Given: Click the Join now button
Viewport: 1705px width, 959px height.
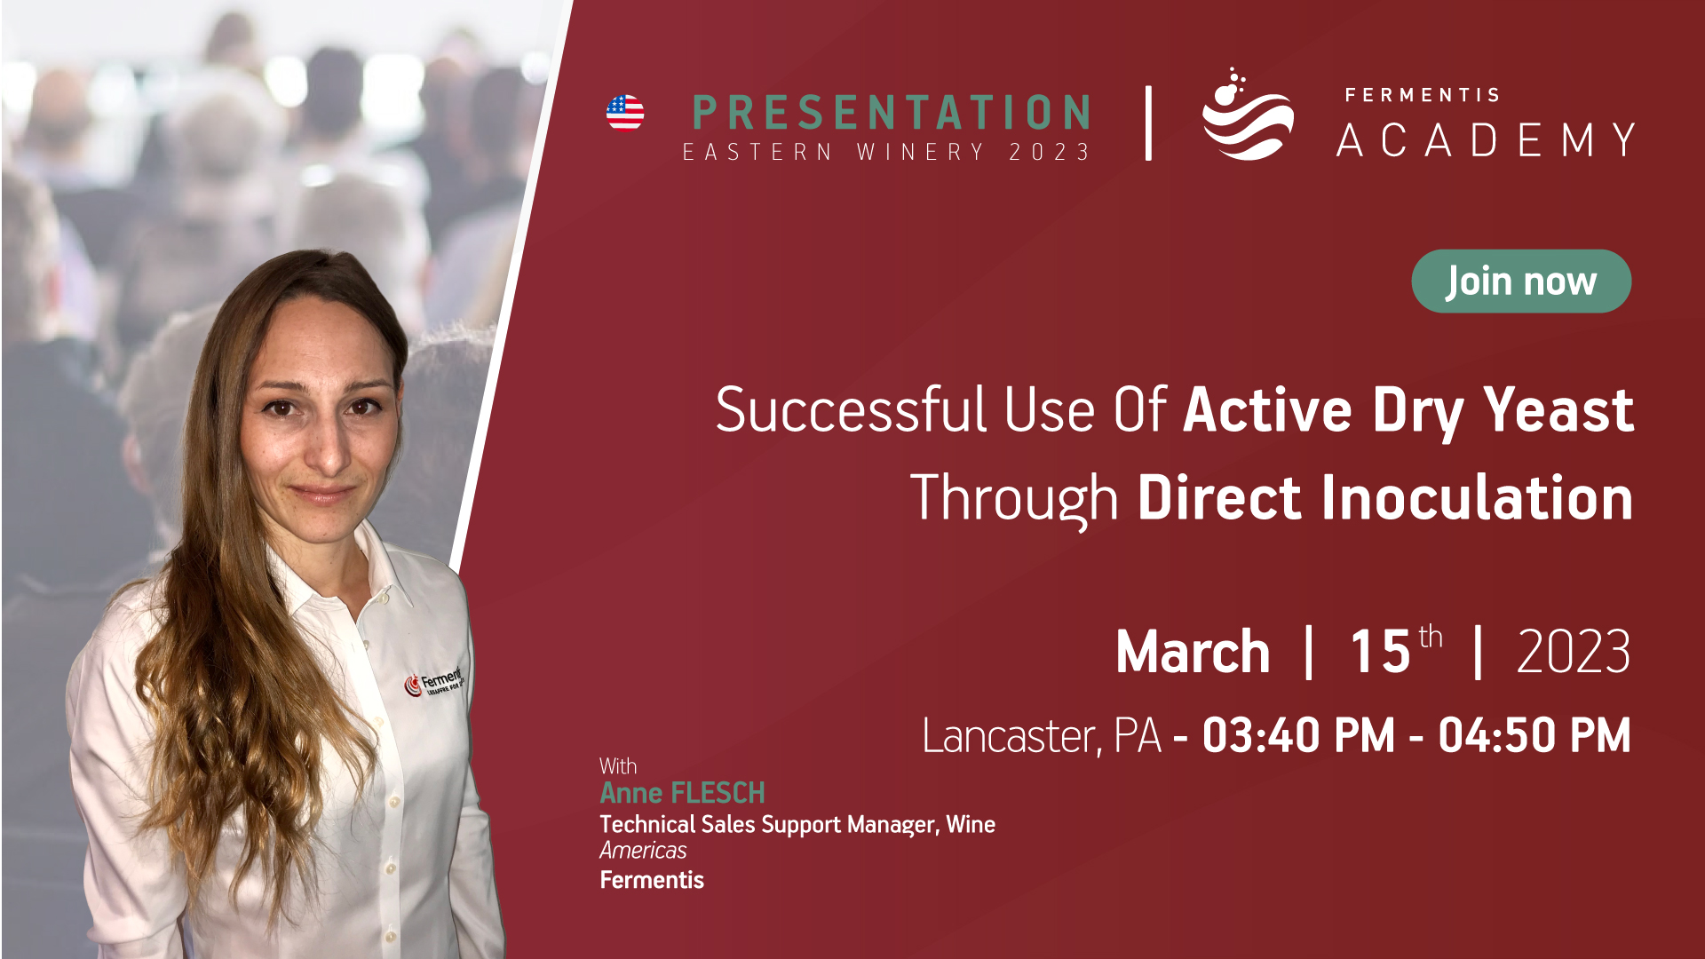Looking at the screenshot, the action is (1521, 281).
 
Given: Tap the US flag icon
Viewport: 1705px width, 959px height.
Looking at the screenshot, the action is (625, 113).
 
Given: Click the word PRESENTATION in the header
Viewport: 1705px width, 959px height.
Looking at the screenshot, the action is (891, 113).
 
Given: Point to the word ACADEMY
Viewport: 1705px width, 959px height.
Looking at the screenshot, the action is (1486, 140).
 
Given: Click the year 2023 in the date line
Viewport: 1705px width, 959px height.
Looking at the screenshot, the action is (1574, 652).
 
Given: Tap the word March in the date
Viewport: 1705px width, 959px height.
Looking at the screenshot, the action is (1193, 652).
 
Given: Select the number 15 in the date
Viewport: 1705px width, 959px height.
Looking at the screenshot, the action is (1381, 652).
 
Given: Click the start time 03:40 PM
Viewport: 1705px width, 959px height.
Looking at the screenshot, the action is (1298, 736).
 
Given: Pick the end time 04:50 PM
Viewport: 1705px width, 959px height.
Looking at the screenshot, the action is (1534, 736).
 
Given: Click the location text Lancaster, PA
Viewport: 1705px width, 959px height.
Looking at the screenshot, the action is (1042, 736).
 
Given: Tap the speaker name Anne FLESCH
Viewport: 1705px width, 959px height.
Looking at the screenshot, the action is (682, 793).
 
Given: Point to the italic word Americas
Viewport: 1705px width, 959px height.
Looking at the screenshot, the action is (643, 851).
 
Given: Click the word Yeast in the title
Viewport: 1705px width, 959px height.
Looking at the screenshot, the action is (1558, 410).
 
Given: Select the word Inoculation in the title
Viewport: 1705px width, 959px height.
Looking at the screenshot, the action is (1475, 497).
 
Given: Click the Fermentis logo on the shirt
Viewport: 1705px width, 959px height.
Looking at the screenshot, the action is (434, 681).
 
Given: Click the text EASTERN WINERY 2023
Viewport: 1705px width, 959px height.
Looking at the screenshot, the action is (886, 153).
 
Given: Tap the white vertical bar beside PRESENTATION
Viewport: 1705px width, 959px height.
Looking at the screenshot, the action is (1149, 123).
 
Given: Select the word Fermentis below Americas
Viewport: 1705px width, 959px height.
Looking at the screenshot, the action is (652, 880).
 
